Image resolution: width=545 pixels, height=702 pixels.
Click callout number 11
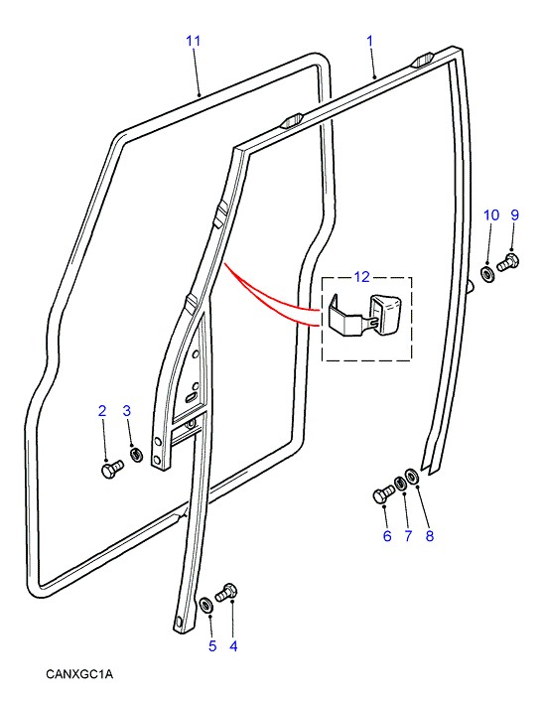(193, 41)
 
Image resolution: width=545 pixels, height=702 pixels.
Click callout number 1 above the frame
(369, 41)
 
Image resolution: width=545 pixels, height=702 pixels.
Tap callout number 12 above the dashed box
(361, 277)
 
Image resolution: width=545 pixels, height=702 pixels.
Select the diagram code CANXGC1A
(79, 674)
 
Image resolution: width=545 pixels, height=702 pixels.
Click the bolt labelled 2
(110, 470)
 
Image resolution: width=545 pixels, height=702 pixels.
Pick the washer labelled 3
(136, 455)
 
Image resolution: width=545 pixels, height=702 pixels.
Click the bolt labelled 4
(226, 593)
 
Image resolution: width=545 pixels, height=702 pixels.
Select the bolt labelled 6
(383, 494)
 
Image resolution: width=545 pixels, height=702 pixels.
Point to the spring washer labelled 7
(399, 483)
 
